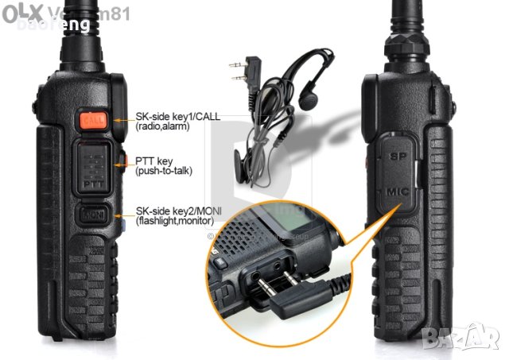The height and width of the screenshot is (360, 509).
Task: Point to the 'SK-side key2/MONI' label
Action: (179, 211)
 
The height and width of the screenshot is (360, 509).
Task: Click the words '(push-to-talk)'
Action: (164, 171)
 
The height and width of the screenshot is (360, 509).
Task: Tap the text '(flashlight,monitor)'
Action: (175, 221)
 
